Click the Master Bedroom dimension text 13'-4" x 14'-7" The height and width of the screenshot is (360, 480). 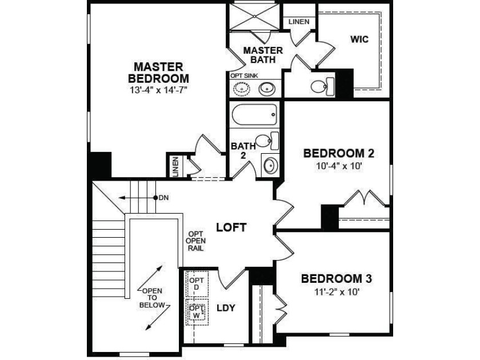coord(158,90)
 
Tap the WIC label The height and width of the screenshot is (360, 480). coord(359,39)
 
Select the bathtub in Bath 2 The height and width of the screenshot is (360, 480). coord(254,114)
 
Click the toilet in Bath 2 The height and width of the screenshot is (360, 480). coord(267,141)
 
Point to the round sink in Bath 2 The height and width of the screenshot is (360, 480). coord(270,166)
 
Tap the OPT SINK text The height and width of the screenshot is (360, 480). coord(245,75)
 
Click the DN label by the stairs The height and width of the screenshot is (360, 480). coord(164,198)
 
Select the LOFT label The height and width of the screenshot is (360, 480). coord(231,227)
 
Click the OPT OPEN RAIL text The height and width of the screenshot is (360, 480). coord(195,241)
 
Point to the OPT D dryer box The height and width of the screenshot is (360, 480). coord(197,283)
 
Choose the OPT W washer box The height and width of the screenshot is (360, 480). coord(197,311)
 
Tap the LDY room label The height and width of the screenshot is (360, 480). coord(226,308)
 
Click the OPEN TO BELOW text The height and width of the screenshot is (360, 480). coord(152,298)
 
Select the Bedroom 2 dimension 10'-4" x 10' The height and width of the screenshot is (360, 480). coord(339,166)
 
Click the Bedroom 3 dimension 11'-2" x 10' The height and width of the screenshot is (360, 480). coord(337,292)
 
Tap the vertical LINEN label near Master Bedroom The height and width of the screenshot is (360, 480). coord(175,166)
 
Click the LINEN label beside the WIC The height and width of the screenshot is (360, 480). coord(299,22)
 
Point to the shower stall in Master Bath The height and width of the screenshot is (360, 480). coord(254,17)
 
